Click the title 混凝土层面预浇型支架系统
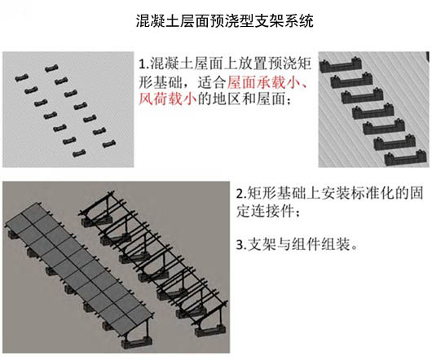tap(224, 20)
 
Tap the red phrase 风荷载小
tap(168, 99)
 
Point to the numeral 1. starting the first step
tap(143, 64)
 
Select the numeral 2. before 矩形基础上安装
tap(241, 193)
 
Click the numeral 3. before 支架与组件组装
tap(241, 244)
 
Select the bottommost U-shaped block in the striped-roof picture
tap(406, 160)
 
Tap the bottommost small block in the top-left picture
tap(79, 153)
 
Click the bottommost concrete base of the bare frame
tap(211, 331)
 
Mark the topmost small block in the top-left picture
tap(51, 68)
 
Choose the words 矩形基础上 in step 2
tap(283, 193)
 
